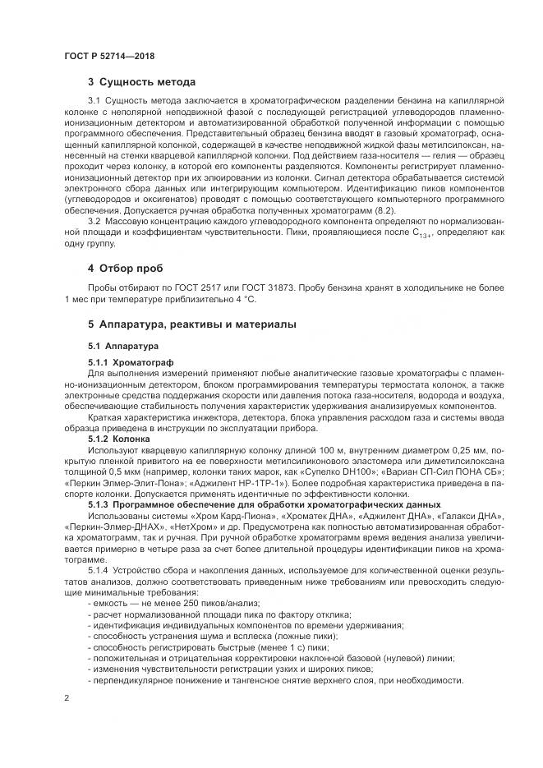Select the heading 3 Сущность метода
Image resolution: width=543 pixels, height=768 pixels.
141,82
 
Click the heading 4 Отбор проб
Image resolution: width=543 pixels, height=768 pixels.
126,269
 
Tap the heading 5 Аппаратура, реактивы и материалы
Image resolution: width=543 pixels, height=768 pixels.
192,324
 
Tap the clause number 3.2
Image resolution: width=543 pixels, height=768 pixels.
95,223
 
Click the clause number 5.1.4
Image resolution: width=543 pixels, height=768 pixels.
101,571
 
